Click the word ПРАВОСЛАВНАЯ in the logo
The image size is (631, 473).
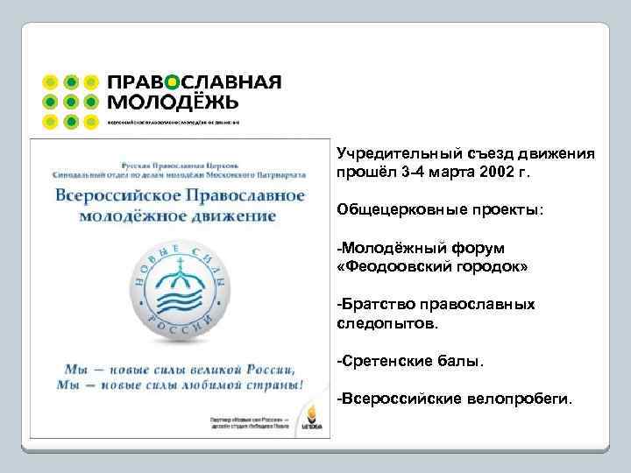194,81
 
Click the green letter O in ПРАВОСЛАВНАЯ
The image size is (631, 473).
174,81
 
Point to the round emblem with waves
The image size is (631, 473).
179,289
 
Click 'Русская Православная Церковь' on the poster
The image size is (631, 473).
179,163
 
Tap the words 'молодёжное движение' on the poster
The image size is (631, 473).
179,216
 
